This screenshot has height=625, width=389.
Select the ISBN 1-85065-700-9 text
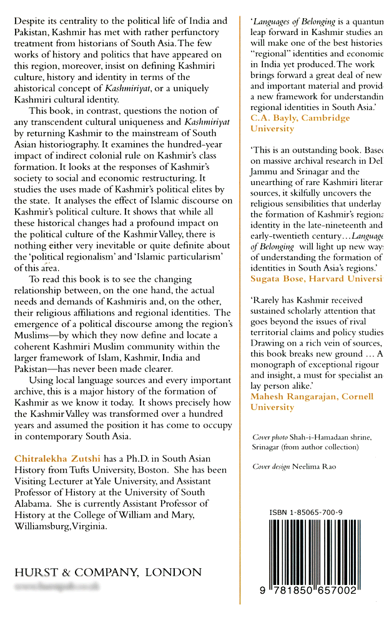(x=306, y=512)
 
